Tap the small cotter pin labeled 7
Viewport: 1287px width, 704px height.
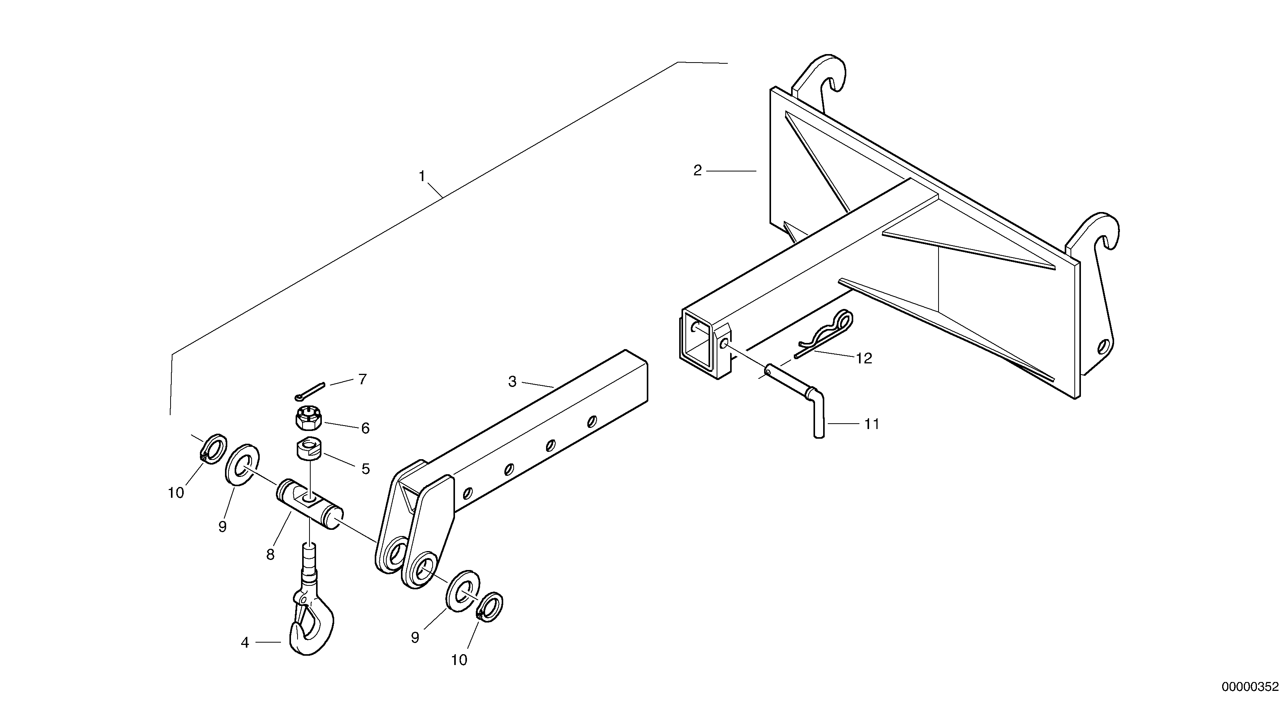pyautogui.click(x=310, y=391)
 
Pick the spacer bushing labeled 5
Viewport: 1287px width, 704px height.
pyautogui.click(x=310, y=448)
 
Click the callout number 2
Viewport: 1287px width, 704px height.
pyautogui.click(x=697, y=171)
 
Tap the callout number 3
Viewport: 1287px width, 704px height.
pyautogui.click(x=512, y=382)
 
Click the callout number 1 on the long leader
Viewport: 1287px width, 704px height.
pyautogui.click(x=422, y=176)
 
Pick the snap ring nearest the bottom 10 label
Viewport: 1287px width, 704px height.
pyautogui.click(x=490, y=607)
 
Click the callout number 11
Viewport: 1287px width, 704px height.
pyautogui.click(x=872, y=424)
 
